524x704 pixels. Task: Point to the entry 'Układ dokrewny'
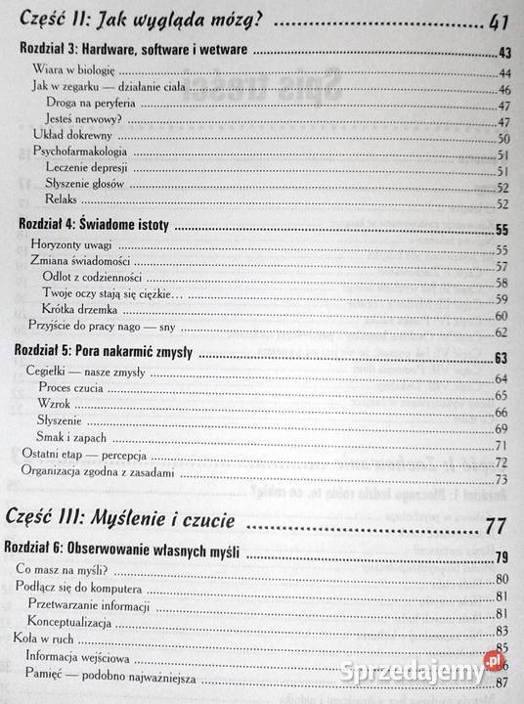click(x=70, y=137)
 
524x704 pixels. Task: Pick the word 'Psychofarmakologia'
click(x=83, y=154)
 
